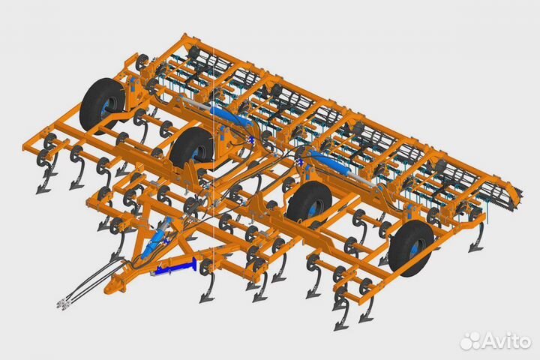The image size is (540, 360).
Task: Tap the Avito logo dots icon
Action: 471,340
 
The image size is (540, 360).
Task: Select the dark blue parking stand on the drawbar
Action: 174,267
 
